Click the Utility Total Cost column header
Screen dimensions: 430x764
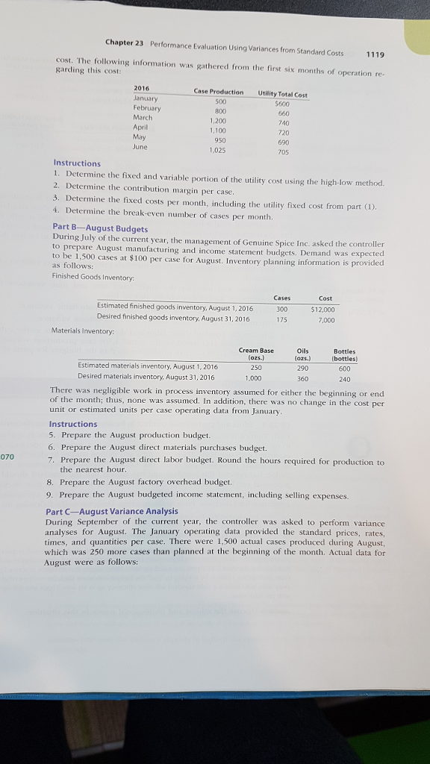282,93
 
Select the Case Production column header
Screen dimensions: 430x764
218,92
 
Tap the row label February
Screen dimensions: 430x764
150,107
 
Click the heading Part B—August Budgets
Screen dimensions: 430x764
100,228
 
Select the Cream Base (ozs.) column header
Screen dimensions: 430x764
256,354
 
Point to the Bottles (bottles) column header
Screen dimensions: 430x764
345,354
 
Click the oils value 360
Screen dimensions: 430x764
302,378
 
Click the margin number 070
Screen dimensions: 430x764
7,456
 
